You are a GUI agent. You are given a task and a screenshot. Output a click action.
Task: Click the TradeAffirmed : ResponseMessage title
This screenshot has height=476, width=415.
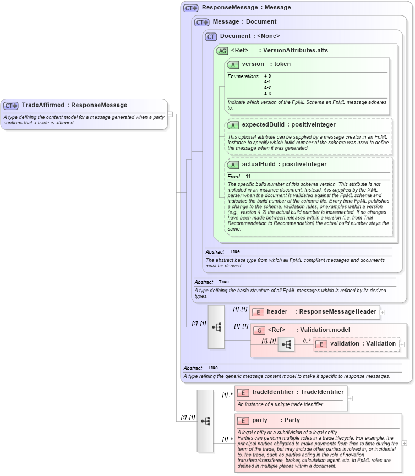(x=74, y=105)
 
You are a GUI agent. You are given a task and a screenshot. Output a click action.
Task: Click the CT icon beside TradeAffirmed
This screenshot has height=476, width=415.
(x=11, y=106)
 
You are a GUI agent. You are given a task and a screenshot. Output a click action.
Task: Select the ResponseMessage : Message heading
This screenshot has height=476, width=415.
(x=246, y=8)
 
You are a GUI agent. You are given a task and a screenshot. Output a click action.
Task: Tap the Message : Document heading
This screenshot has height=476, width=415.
(x=244, y=22)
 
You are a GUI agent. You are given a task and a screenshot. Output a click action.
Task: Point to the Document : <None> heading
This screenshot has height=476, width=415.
(x=249, y=36)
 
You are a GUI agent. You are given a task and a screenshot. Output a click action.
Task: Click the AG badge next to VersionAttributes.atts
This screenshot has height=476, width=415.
(x=222, y=51)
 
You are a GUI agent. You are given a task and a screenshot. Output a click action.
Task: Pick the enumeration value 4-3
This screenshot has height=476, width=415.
(x=267, y=94)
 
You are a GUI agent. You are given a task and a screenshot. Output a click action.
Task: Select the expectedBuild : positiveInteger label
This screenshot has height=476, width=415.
(x=288, y=125)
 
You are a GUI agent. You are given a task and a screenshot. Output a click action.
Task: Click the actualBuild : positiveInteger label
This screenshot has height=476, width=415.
(x=284, y=165)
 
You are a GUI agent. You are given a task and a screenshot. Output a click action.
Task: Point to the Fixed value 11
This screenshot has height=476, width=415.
(x=248, y=176)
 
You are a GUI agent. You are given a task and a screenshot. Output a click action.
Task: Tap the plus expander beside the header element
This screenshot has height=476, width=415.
(x=383, y=312)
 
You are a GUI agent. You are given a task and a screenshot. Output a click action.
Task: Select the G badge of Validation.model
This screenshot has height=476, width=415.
(x=259, y=330)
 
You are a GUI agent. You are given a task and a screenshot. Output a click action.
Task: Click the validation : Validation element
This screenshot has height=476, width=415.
(x=362, y=344)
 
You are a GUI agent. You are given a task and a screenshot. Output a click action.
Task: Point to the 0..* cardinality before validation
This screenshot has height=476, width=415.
(x=307, y=341)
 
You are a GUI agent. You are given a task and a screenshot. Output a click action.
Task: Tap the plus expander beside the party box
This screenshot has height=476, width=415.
(x=405, y=442)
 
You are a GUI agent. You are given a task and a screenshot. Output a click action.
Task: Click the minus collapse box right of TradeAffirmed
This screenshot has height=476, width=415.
(x=170, y=114)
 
